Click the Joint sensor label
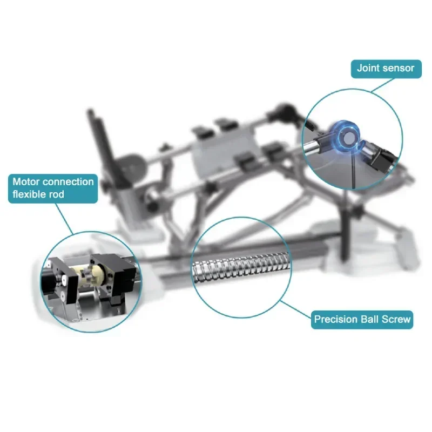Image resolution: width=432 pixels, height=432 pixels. point(386,68)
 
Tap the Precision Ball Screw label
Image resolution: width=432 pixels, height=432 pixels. point(362,319)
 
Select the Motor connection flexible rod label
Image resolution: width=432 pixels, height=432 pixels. point(53,188)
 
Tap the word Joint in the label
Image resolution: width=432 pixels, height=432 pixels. point(368,68)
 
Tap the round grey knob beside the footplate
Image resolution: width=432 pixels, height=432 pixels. point(130,167)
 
